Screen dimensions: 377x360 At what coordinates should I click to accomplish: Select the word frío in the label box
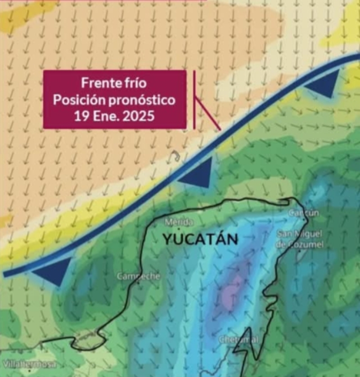pyautogui.click(x=134, y=83)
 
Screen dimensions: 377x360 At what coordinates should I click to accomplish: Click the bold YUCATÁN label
pyautogui.click(x=200, y=239)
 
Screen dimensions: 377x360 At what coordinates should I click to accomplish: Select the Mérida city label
pyautogui.click(x=179, y=222)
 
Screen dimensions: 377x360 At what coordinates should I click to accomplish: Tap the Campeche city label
pyautogui.click(x=139, y=276)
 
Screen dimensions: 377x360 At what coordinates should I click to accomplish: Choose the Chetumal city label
pyautogui.click(x=239, y=340)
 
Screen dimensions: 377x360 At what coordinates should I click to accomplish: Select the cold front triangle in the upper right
pyautogui.click(x=323, y=83)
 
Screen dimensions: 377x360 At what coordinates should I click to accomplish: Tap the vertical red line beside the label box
pyautogui.click(x=194, y=99)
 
